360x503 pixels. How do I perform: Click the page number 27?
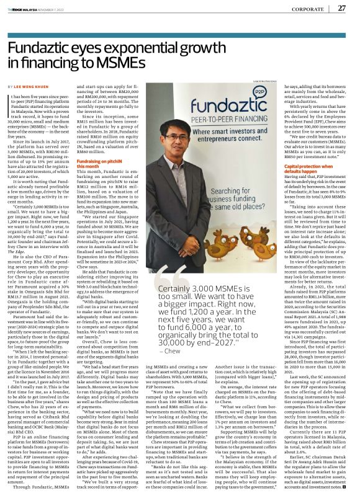tap(341, 9)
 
